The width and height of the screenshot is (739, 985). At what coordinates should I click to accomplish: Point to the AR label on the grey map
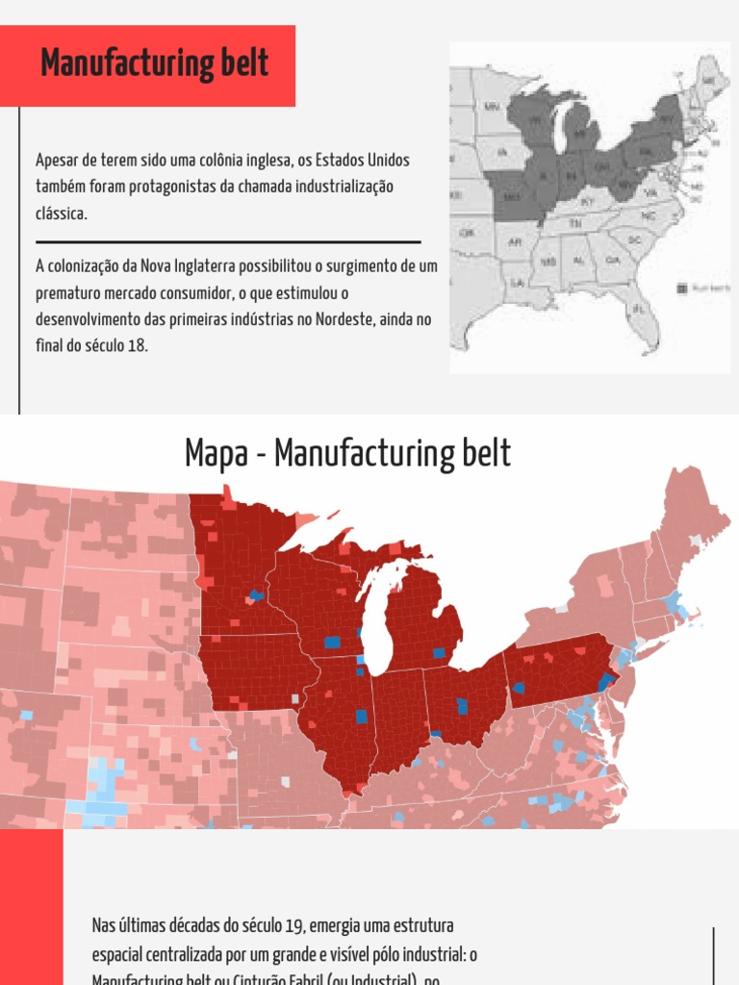click(515, 241)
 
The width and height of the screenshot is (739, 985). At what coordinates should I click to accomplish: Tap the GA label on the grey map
click(612, 261)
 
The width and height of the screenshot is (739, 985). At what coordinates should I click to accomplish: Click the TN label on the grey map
click(577, 223)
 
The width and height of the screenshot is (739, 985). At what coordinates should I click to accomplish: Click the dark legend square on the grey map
click(681, 287)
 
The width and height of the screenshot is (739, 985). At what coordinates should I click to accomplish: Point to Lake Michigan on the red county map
click(377, 616)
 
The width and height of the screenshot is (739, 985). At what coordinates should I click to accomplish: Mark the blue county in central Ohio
click(462, 705)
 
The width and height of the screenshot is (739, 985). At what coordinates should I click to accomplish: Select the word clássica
click(62, 214)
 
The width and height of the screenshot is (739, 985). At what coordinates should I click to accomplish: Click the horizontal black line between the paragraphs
click(228, 241)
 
